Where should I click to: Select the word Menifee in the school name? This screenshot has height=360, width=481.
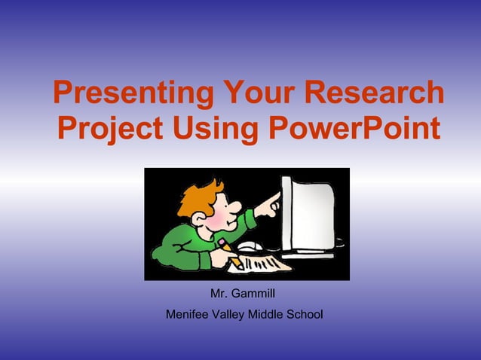(x=188, y=313)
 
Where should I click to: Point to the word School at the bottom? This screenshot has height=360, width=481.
(x=307, y=313)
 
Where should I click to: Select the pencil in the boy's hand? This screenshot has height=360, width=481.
(x=230, y=253)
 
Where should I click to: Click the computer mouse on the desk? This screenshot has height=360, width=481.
(x=250, y=246)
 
